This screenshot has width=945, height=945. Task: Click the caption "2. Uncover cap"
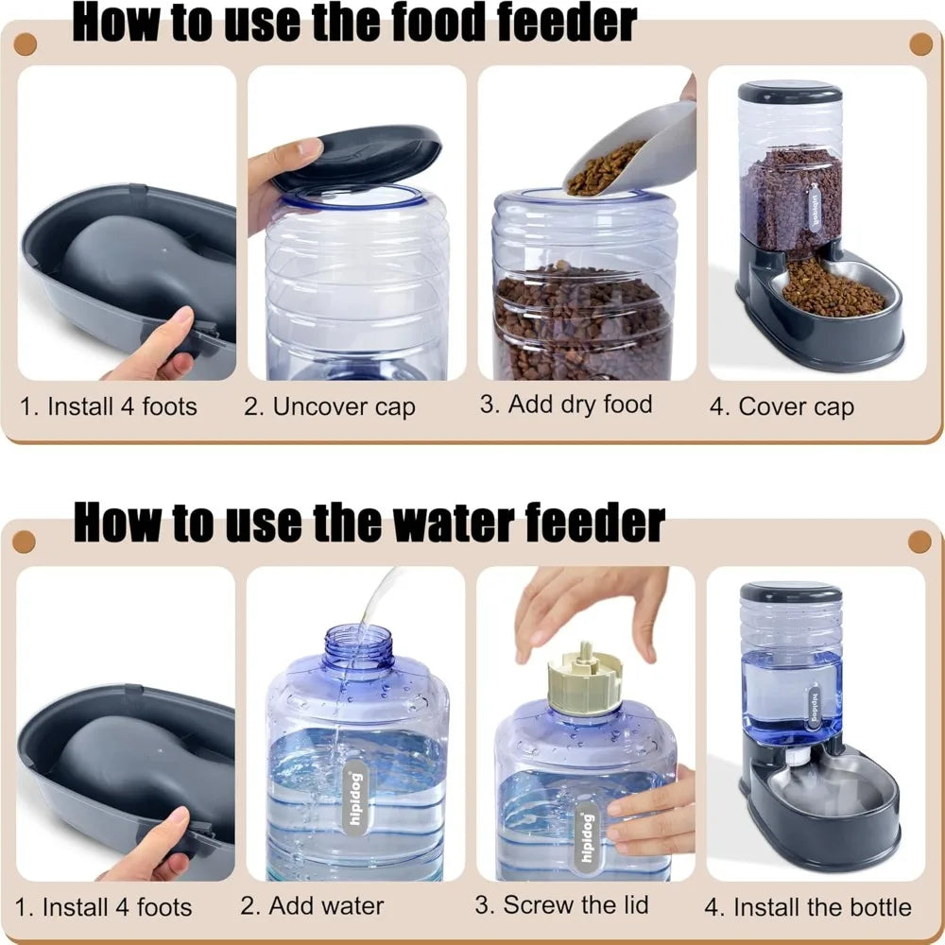coord(329,407)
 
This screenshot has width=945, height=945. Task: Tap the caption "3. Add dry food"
coord(566,404)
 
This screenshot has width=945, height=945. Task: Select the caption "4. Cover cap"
coord(782,407)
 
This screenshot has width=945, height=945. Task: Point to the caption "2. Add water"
coord(312,905)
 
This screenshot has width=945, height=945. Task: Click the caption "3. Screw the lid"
coord(561,904)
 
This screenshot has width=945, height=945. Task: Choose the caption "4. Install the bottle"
coord(808,907)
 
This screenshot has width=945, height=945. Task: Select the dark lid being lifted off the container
coord(359,157)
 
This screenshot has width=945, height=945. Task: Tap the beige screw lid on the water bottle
coord(584,678)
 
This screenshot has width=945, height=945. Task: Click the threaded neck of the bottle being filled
coord(358,647)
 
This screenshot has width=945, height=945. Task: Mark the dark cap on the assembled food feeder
coord(789,92)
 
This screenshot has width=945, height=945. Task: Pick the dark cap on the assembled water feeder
coord(790,592)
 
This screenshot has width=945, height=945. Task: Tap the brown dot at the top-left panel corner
coord(26,43)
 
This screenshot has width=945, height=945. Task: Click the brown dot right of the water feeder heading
coord(919,541)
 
